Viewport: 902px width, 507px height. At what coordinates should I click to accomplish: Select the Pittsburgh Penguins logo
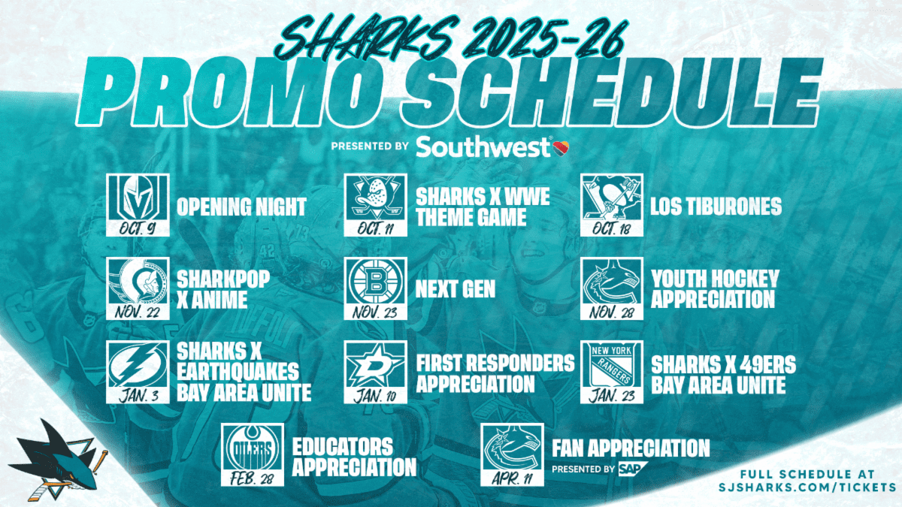click(x=612, y=199)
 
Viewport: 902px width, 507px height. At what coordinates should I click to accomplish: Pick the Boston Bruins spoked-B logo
click(x=375, y=283)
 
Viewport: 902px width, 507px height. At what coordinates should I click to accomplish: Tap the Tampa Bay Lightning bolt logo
click(x=138, y=367)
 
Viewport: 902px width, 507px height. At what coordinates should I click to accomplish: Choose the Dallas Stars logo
click(x=375, y=367)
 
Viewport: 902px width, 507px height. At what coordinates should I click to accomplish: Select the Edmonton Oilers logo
click(x=253, y=449)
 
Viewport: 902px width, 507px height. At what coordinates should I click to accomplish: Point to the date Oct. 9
click(x=138, y=229)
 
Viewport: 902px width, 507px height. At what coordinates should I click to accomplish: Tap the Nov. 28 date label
click(x=611, y=313)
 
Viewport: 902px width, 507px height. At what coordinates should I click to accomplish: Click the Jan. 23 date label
click(x=611, y=397)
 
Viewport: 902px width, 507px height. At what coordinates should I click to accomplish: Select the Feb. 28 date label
click(x=252, y=479)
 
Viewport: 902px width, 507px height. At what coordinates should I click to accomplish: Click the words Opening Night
click(x=241, y=207)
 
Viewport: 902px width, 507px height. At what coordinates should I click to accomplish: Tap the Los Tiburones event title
click(x=716, y=206)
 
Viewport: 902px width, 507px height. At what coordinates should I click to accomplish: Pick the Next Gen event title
click(x=456, y=288)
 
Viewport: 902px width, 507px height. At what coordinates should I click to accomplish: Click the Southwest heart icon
click(x=561, y=148)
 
